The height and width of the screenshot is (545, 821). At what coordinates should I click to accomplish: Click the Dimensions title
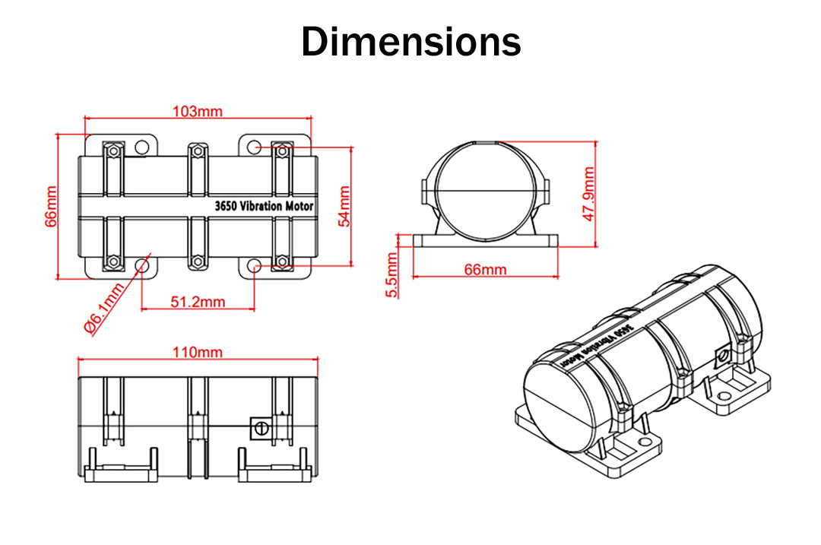[411, 41]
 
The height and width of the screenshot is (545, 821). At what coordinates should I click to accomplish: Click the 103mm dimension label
[198, 111]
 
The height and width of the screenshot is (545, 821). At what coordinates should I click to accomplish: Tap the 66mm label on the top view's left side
[51, 206]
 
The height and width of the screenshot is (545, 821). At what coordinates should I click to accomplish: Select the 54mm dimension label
[344, 206]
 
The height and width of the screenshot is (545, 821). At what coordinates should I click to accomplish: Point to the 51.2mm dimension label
[198, 302]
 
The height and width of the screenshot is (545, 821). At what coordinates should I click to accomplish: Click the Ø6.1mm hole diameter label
[104, 308]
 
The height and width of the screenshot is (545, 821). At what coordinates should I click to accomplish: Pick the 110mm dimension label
[198, 353]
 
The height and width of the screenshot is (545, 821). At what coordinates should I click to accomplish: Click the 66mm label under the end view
[485, 270]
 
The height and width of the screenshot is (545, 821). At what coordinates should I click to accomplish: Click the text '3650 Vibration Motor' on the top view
[264, 206]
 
